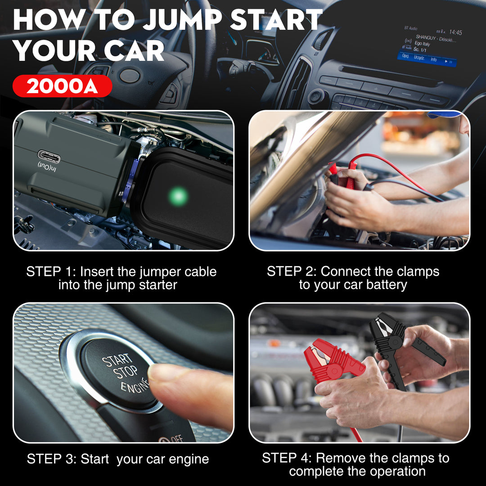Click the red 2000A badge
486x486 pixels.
pyautogui.click(x=62, y=86)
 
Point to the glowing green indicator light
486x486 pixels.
pyautogui.click(x=178, y=196)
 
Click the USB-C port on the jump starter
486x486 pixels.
pyautogui.click(x=49, y=157)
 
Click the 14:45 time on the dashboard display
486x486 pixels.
pyautogui.click(x=455, y=32)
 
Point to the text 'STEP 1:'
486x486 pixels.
pyautogui.click(x=51, y=272)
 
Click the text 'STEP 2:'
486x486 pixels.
pyautogui.click(x=292, y=271)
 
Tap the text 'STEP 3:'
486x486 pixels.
pyautogui.click(x=52, y=459)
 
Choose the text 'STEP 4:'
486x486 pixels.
pyautogui.click(x=287, y=458)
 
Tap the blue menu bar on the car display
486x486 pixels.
pyautogui.click(x=427, y=59)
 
